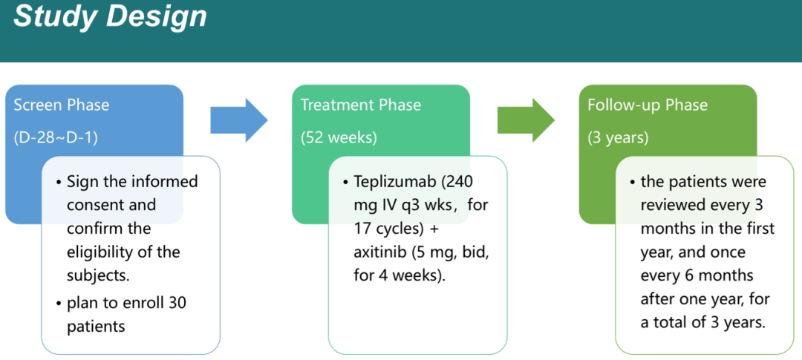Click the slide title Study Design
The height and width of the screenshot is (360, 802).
tap(110, 16)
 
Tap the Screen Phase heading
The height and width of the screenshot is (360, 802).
tap(61, 105)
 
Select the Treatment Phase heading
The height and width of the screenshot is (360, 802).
tap(360, 105)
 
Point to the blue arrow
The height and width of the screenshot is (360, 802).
tap(238, 118)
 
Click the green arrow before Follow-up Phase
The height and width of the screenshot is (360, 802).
tap(525, 118)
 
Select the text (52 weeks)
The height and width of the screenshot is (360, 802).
tap(339, 137)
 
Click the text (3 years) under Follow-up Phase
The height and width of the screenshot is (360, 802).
tap(618, 137)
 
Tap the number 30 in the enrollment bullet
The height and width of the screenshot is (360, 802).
tap(177, 303)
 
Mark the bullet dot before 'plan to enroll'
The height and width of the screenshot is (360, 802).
tap(59, 303)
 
